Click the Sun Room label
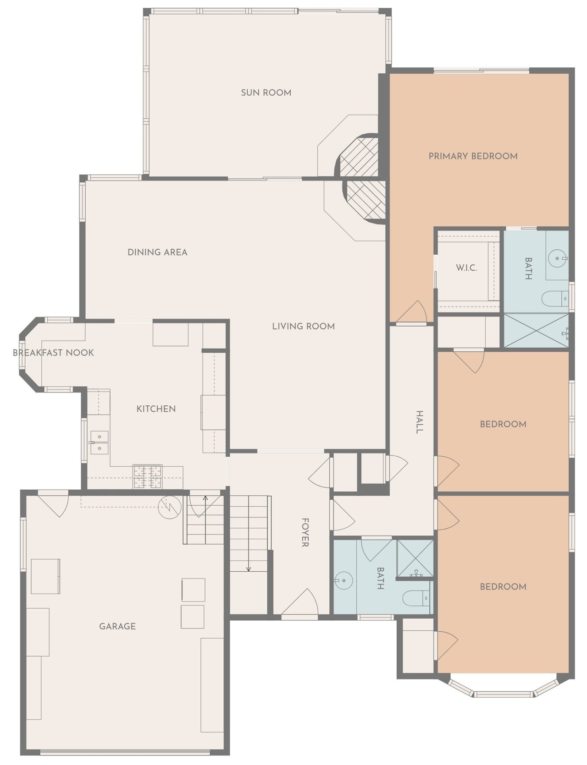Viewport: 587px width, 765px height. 266,93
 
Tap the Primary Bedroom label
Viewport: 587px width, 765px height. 473,156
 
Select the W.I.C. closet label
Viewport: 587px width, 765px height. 466,268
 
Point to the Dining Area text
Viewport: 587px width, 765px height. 157,252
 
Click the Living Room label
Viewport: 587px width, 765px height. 303,326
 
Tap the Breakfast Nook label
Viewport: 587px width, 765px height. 53,353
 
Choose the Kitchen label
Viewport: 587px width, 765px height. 156,409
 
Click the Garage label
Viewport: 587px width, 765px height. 117,626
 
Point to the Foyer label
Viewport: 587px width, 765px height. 305,533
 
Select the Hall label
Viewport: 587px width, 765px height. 419,422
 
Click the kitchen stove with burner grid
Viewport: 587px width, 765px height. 147,476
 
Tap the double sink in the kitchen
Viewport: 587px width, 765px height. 99,443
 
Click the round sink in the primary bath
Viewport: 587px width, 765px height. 558,259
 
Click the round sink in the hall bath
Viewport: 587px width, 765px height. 343,581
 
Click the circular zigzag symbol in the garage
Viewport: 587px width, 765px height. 167,507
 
